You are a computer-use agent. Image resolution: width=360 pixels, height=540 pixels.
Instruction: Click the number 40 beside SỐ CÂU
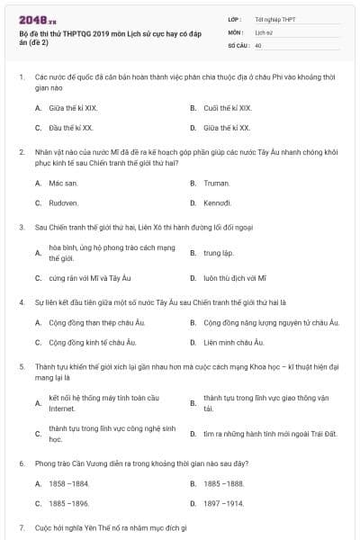point(258,44)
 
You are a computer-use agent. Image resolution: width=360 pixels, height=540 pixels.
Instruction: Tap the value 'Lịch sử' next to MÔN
point(264,31)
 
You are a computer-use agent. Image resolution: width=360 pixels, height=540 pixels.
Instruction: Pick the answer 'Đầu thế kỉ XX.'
point(69,129)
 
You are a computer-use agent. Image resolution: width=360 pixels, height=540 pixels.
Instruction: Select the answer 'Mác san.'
point(63,183)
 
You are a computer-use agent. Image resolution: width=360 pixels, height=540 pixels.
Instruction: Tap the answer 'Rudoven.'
point(64,203)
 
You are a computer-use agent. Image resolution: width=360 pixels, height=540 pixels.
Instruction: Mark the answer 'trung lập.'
point(219,253)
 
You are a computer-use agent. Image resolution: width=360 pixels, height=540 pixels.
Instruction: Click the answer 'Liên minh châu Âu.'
point(233,343)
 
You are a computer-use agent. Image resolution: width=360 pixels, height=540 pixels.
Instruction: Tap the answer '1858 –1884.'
point(68,483)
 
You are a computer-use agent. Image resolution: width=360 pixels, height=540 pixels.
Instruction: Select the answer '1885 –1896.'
point(68,504)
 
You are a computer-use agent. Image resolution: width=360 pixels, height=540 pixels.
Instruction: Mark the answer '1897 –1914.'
point(223,504)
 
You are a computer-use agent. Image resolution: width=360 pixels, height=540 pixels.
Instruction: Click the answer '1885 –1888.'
point(223,483)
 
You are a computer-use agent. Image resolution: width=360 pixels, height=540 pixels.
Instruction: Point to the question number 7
point(22,526)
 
